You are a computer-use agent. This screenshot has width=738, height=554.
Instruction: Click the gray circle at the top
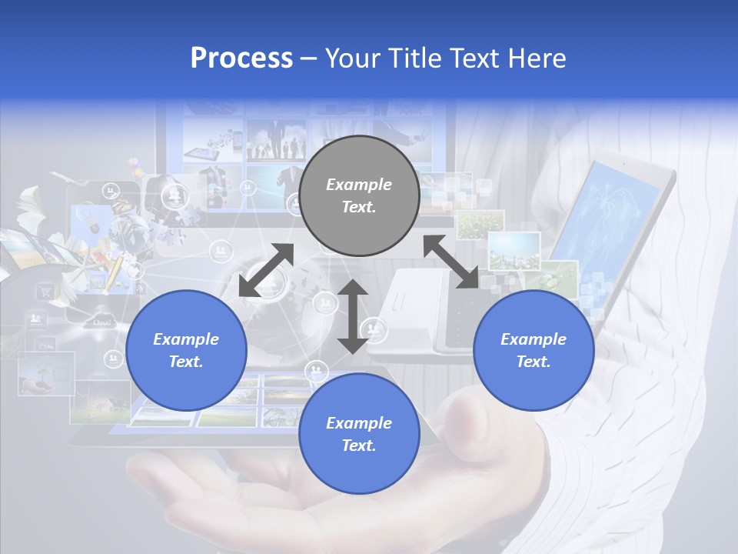click(x=359, y=196)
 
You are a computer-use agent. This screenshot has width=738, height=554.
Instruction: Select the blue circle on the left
click(x=186, y=350)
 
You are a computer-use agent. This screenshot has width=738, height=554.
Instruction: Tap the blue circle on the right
click(x=534, y=350)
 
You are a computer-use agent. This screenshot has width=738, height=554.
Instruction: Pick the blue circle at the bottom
click(x=359, y=434)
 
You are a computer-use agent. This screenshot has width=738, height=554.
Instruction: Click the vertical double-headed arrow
click(x=353, y=316)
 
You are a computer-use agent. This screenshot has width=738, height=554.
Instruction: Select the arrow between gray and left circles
click(x=266, y=270)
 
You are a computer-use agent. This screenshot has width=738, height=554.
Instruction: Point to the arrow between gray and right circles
click(x=450, y=262)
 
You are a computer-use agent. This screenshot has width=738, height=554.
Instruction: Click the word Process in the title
click(x=241, y=58)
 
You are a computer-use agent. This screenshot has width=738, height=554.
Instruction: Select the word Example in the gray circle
click(x=359, y=185)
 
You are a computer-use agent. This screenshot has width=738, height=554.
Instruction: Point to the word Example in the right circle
click(x=534, y=339)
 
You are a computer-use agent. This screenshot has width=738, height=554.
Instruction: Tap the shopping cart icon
click(x=45, y=291)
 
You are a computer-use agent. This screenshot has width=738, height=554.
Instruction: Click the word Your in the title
click(x=351, y=58)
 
